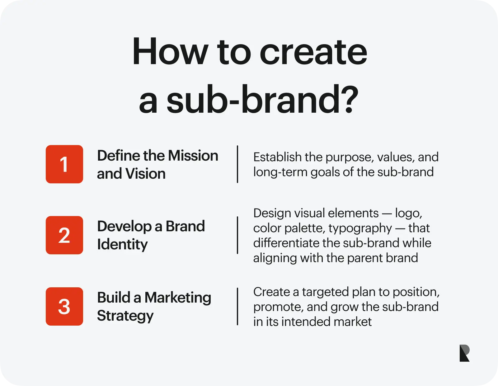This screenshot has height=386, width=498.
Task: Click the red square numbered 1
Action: point(64,164)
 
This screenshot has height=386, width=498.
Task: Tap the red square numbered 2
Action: point(64,235)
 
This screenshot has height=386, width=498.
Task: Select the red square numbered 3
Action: point(64,306)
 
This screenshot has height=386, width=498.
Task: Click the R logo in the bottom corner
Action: point(464,353)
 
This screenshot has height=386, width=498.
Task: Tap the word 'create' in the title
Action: point(313,53)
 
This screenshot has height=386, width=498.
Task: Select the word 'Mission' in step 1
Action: point(193,156)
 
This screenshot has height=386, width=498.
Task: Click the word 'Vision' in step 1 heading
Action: point(145,173)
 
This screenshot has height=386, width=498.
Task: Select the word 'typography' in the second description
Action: point(360,229)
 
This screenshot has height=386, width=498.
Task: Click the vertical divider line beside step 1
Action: point(237,164)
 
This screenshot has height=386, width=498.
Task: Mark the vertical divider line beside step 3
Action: point(237,306)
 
